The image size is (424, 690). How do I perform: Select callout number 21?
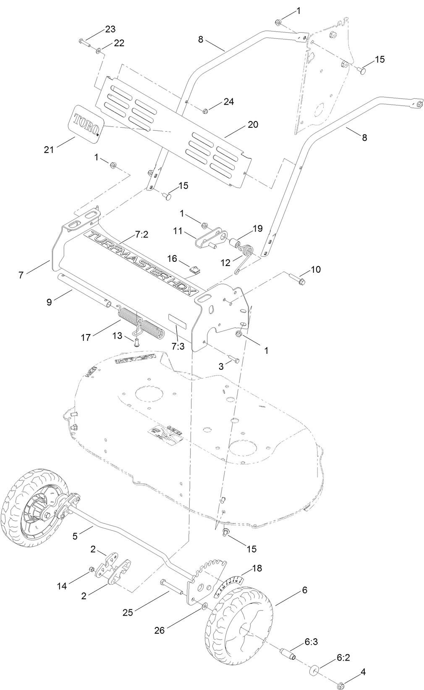50,149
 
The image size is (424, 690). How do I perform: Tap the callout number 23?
110,29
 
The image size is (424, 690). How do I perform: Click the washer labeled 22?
98,51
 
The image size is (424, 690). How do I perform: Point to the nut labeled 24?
206,111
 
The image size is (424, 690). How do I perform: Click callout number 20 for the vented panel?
253,125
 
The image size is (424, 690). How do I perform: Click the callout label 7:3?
178,346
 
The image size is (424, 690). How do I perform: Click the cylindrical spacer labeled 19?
234,244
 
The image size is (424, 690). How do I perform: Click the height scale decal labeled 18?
228,586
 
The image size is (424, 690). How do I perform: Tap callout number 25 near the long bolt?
128,613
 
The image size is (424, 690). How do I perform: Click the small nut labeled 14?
91,569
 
